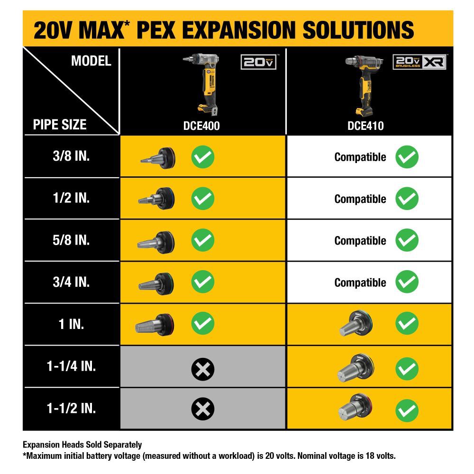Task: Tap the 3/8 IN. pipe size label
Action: pyautogui.click(x=72, y=156)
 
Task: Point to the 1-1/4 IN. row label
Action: pyautogui.click(x=72, y=366)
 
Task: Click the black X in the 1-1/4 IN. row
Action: pyautogui.click(x=203, y=368)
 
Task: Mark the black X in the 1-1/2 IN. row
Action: pyautogui.click(x=203, y=409)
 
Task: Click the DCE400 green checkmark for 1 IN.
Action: pyautogui.click(x=203, y=324)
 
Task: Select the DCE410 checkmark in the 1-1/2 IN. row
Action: pyautogui.click(x=407, y=410)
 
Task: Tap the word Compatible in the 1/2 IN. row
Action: pyautogui.click(x=360, y=199)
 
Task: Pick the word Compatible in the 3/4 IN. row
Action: pyautogui.click(x=360, y=283)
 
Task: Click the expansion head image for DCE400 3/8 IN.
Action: pyautogui.click(x=158, y=157)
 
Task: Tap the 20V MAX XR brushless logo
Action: pyautogui.click(x=419, y=63)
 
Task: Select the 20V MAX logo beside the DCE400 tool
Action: pyautogui.click(x=259, y=62)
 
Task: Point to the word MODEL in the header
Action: pyautogui.click(x=91, y=61)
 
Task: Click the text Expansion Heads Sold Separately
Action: pyautogui.click(x=82, y=445)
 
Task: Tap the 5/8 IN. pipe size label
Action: pyautogui.click(x=72, y=240)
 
